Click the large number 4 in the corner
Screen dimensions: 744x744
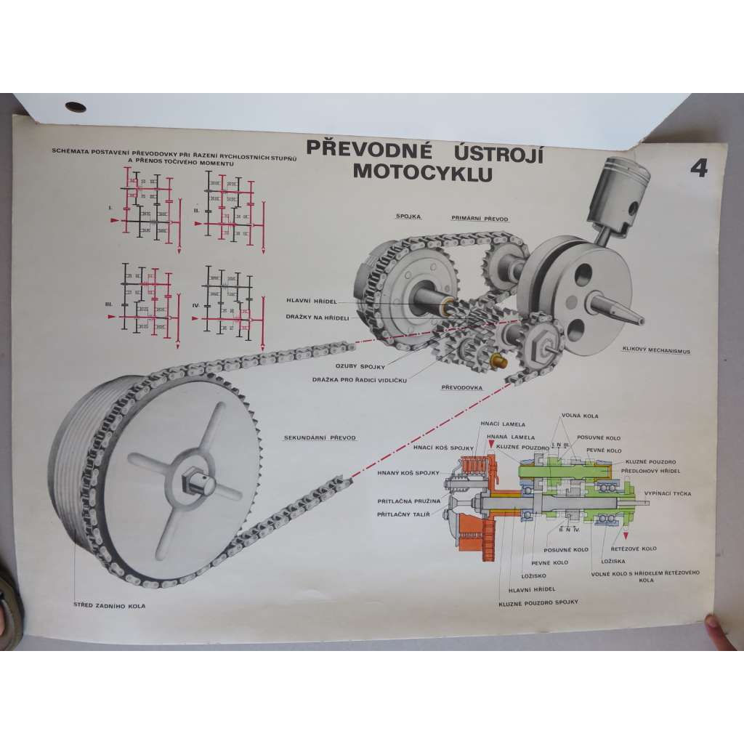(699, 169)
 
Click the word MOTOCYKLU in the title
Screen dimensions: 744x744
(421, 174)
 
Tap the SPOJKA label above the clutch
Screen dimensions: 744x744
(408, 216)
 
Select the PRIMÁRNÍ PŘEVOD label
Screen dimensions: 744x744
(480, 218)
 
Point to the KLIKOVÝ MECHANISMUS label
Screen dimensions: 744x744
(655, 350)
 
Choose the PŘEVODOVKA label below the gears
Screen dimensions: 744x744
(462, 387)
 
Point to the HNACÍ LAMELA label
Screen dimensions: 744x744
(502, 424)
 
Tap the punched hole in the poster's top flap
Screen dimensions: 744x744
(76, 108)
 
